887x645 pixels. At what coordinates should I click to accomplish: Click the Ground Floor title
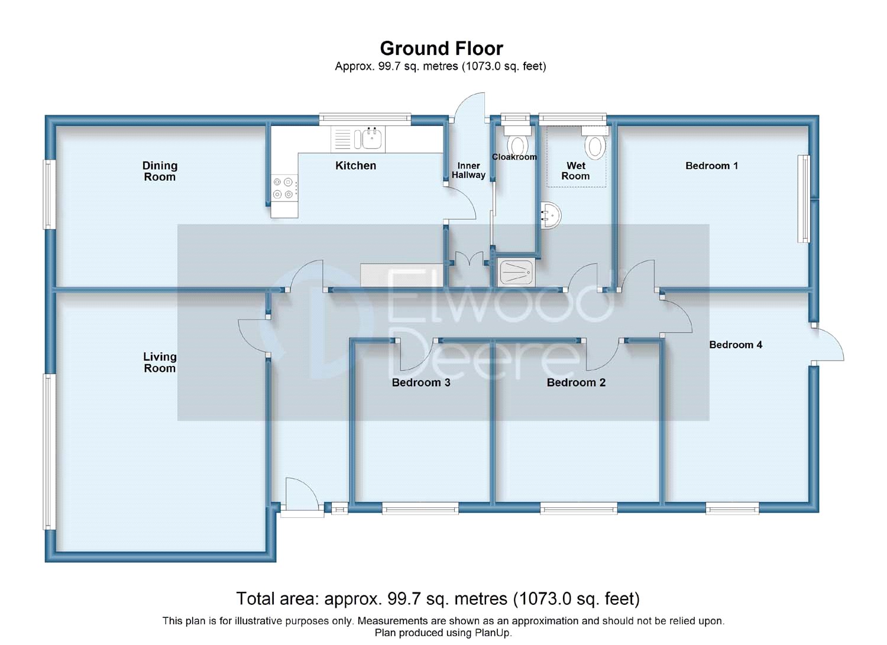441,48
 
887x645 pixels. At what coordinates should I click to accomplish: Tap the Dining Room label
160,171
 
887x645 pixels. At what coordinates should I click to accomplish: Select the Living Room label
160,362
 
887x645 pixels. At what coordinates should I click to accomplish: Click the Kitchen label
355,166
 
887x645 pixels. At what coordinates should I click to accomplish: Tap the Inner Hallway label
468,170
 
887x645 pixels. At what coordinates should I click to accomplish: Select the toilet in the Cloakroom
517,141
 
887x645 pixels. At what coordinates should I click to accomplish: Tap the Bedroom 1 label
711,166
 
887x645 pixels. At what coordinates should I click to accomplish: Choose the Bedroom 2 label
576,383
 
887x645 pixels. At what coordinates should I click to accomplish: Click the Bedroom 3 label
421,383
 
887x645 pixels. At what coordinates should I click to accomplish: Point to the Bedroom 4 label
736,345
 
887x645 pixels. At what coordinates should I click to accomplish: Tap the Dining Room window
49,195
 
